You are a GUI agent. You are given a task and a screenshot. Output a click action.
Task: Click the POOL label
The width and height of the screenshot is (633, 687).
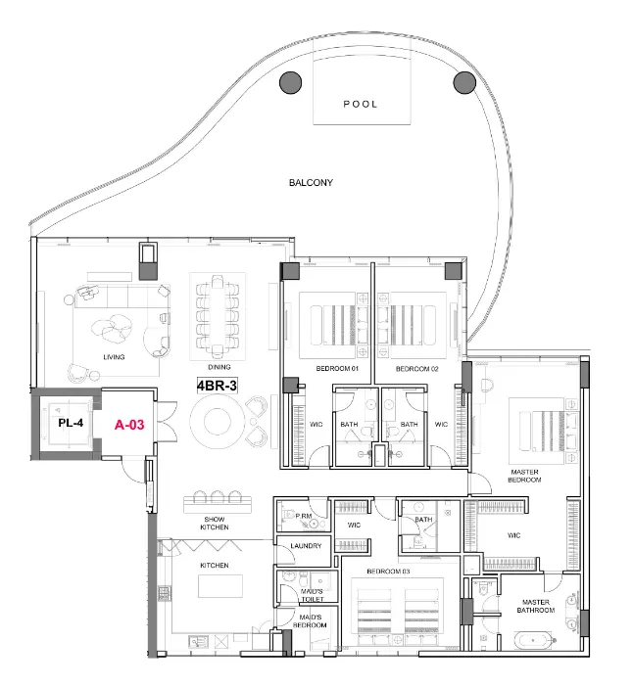tap(360, 104)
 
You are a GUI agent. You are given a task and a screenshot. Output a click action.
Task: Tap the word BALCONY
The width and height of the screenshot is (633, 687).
tap(311, 183)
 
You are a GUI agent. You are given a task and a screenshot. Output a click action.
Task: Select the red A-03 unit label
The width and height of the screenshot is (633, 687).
tap(129, 425)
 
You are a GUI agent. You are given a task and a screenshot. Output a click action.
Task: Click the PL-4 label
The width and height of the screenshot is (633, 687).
tap(70, 424)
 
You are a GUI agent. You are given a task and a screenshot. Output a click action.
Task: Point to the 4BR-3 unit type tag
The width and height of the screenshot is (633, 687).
tap(218, 385)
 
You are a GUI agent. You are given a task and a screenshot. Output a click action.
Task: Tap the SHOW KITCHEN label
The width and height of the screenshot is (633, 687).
tap(216, 524)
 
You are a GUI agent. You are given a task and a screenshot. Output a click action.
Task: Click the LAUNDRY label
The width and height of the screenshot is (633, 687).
tap(306, 546)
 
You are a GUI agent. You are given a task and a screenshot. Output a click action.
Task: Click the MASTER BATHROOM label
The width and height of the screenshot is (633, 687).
tap(537, 606)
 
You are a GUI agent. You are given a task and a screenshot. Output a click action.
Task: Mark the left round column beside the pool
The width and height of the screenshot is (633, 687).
tap(290, 83)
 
